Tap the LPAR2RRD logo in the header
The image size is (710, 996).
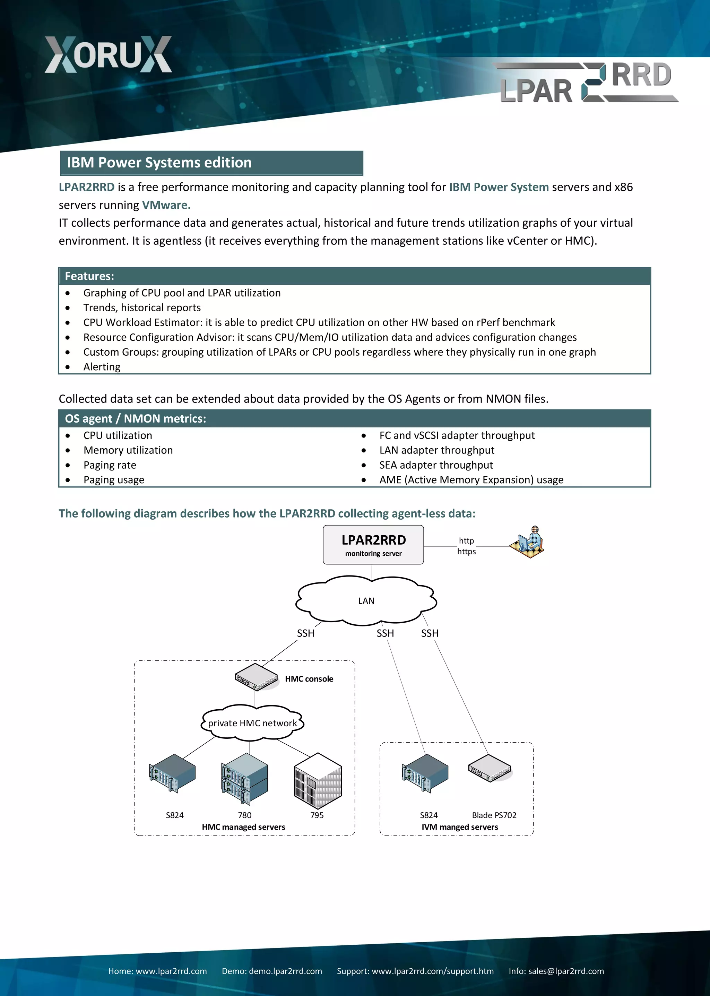coord(586,83)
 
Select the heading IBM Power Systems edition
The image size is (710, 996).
coord(159,163)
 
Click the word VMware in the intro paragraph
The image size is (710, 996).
coord(166,205)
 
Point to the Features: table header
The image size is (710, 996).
coord(90,276)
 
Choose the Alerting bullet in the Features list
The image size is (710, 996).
coord(102,367)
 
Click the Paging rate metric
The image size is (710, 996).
coord(110,465)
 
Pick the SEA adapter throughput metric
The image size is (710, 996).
coord(436,465)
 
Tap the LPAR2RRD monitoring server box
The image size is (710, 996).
coord(373,545)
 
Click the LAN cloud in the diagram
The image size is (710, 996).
coord(366,601)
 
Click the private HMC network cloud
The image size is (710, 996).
coord(252,723)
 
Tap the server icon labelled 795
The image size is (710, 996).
coord(318,781)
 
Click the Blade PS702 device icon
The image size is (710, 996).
coord(489,769)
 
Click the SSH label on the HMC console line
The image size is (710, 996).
coord(305,633)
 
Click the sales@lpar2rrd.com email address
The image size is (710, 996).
coord(566,971)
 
